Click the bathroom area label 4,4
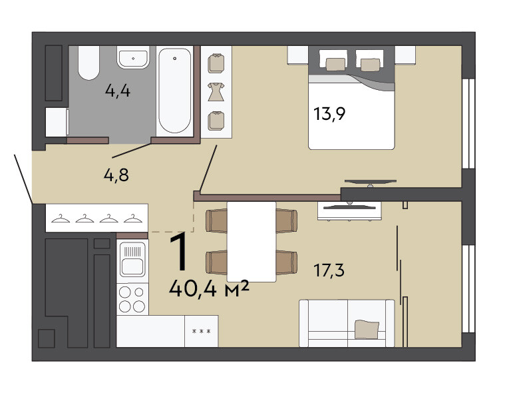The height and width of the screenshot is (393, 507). [118, 91]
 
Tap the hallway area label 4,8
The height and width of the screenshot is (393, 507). [116, 175]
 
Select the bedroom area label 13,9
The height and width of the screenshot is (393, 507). [329, 114]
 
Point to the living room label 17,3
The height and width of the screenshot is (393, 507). [329, 270]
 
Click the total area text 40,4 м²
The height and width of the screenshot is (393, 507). [209, 288]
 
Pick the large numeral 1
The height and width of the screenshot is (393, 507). [179, 251]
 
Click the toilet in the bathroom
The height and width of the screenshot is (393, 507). [88, 63]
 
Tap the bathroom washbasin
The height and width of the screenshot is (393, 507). [133, 58]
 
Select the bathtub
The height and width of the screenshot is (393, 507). [174, 91]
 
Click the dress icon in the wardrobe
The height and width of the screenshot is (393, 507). [216, 92]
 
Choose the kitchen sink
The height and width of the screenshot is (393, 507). [132, 260]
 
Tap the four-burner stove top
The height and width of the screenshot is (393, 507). [132, 299]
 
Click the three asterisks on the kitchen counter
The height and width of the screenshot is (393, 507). [202, 332]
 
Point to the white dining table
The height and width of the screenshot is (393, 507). [252, 242]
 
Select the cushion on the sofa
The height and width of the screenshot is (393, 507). [367, 329]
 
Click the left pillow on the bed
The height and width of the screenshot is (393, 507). [335, 64]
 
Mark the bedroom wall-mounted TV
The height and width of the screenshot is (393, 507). [370, 183]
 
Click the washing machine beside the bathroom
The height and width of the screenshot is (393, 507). [57, 122]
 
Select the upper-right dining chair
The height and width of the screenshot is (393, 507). [287, 220]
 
